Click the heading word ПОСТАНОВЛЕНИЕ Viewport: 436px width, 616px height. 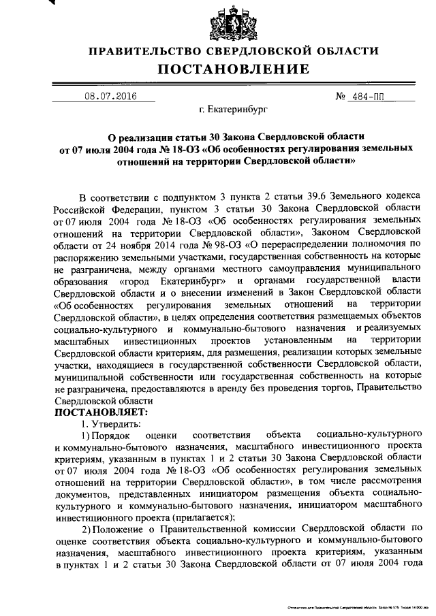tap(234, 69)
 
